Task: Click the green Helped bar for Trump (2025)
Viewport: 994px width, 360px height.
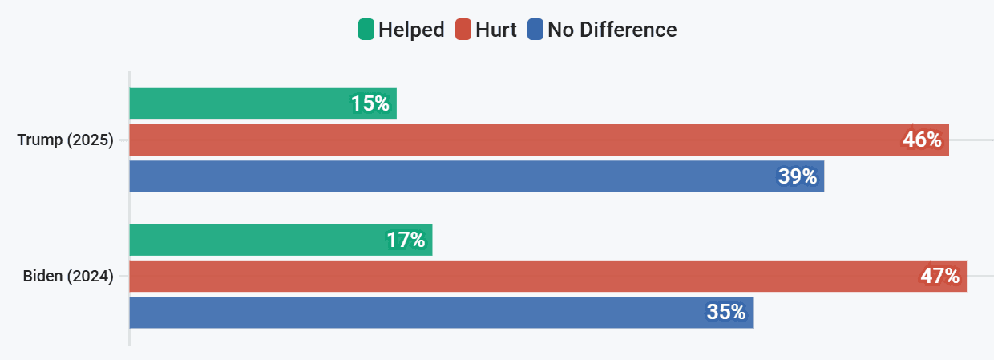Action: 240,103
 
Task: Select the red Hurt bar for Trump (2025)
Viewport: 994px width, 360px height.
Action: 513,140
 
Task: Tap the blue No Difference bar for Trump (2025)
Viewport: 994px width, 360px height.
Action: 449,176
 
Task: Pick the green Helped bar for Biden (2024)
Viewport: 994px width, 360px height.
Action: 257,240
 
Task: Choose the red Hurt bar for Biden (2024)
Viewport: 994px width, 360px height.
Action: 521,276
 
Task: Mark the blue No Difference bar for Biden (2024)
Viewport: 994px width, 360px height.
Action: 417,312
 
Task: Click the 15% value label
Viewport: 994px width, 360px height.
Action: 370,103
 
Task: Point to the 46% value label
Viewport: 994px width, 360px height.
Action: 922,140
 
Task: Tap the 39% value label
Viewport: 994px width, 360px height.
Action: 797,176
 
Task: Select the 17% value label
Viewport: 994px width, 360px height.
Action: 405,240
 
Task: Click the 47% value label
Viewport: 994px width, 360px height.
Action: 939,276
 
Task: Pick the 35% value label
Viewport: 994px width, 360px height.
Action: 726,312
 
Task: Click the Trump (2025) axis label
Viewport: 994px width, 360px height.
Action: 65,140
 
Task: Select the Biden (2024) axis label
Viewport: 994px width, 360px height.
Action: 67,277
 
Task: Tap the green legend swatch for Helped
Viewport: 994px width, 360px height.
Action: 366,30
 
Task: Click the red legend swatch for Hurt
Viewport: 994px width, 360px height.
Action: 463,30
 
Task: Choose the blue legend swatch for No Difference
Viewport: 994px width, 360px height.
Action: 535,30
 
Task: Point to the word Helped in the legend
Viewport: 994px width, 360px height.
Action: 411,30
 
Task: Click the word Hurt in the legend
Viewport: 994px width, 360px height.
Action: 495,30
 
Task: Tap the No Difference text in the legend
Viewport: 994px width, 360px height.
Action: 612,30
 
